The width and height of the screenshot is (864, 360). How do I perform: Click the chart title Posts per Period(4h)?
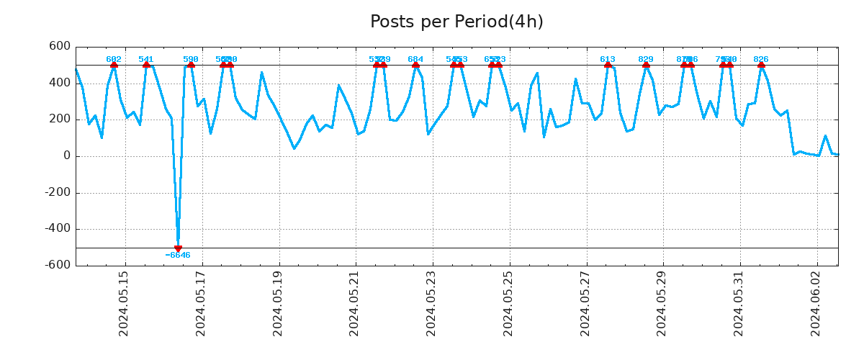pyautogui.click(x=456, y=22)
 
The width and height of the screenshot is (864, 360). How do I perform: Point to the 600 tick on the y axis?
pyautogui.click(x=59, y=47)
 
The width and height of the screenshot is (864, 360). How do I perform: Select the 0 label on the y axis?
pyautogui.click(x=66, y=156)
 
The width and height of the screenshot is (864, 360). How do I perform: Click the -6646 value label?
pyautogui.click(x=178, y=256)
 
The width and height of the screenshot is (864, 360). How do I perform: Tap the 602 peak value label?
pyautogui.click(x=114, y=60)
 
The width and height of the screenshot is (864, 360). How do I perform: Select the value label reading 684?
pyautogui.click(x=415, y=60)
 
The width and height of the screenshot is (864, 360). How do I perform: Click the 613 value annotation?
pyautogui.click(x=608, y=60)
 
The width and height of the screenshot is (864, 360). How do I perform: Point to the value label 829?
pyautogui.click(x=646, y=60)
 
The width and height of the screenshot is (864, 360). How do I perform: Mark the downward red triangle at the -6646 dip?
pyautogui.click(x=178, y=248)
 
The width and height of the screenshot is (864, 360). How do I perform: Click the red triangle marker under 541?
pyautogui.click(x=146, y=65)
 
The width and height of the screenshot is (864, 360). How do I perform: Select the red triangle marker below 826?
pyautogui.click(x=761, y=65)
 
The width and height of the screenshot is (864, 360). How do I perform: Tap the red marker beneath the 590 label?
pyautogui.click(x=191, y=65)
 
